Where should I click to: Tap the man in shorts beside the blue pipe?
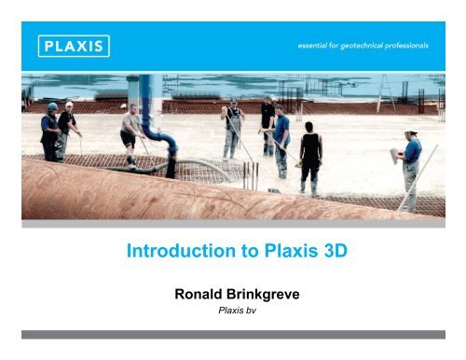point(130,135)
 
